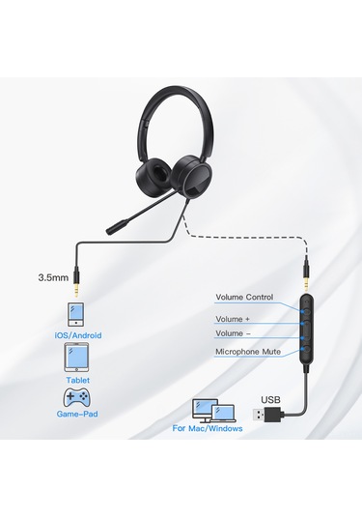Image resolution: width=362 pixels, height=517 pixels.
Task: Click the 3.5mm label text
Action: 52,277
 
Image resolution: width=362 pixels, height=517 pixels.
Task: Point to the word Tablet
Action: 78,380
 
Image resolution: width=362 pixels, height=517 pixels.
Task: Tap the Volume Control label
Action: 243,297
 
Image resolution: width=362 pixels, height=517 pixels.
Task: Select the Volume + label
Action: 232,318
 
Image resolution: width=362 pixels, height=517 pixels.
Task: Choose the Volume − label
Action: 232,333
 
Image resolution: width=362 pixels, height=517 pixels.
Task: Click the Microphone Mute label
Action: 248,352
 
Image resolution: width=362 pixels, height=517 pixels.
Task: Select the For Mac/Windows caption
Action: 208,428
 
